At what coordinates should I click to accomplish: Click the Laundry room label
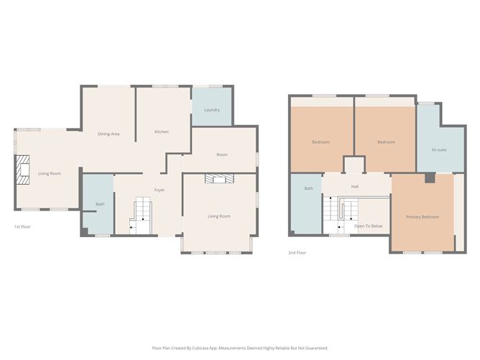pyautogui.click(x=211, y=110)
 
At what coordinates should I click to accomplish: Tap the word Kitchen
pyautogui.click(x=162, y=132)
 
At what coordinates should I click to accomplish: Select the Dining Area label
pyautogui.click(x=109, y=134)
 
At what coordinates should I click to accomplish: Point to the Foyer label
pyautogui.click(x=160, y=190)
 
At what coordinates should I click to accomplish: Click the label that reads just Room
pyautogui.click(x=222, y=154)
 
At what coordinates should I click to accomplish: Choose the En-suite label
pyautogui.click(x=439, y=149)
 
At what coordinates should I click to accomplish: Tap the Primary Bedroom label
pyautogui.click(x=422, y=217)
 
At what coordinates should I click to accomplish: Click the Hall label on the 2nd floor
pyautogui.click(x=354, y=186)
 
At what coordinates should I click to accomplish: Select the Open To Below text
pyautogui.click(x=369, y=226)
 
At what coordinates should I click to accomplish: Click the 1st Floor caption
pyautogui.click(x=22, y=226)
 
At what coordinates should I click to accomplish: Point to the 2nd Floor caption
pyautogui.click(x=297, y=252)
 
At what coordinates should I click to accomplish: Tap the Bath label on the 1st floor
pyautogui.click(x=100, y=204)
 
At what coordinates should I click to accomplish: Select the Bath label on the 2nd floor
pyautogui.click(x=308, y=188)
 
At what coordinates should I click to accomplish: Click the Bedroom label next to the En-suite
pyautogui.click(x=386, y=142)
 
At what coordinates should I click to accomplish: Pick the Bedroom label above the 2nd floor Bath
pyautogui.click(x=320, y=142)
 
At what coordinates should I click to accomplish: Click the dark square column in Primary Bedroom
pyautogui.click(x=428, y=177)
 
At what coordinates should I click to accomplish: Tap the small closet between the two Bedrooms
pyautogui.click(x=354, y=165)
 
